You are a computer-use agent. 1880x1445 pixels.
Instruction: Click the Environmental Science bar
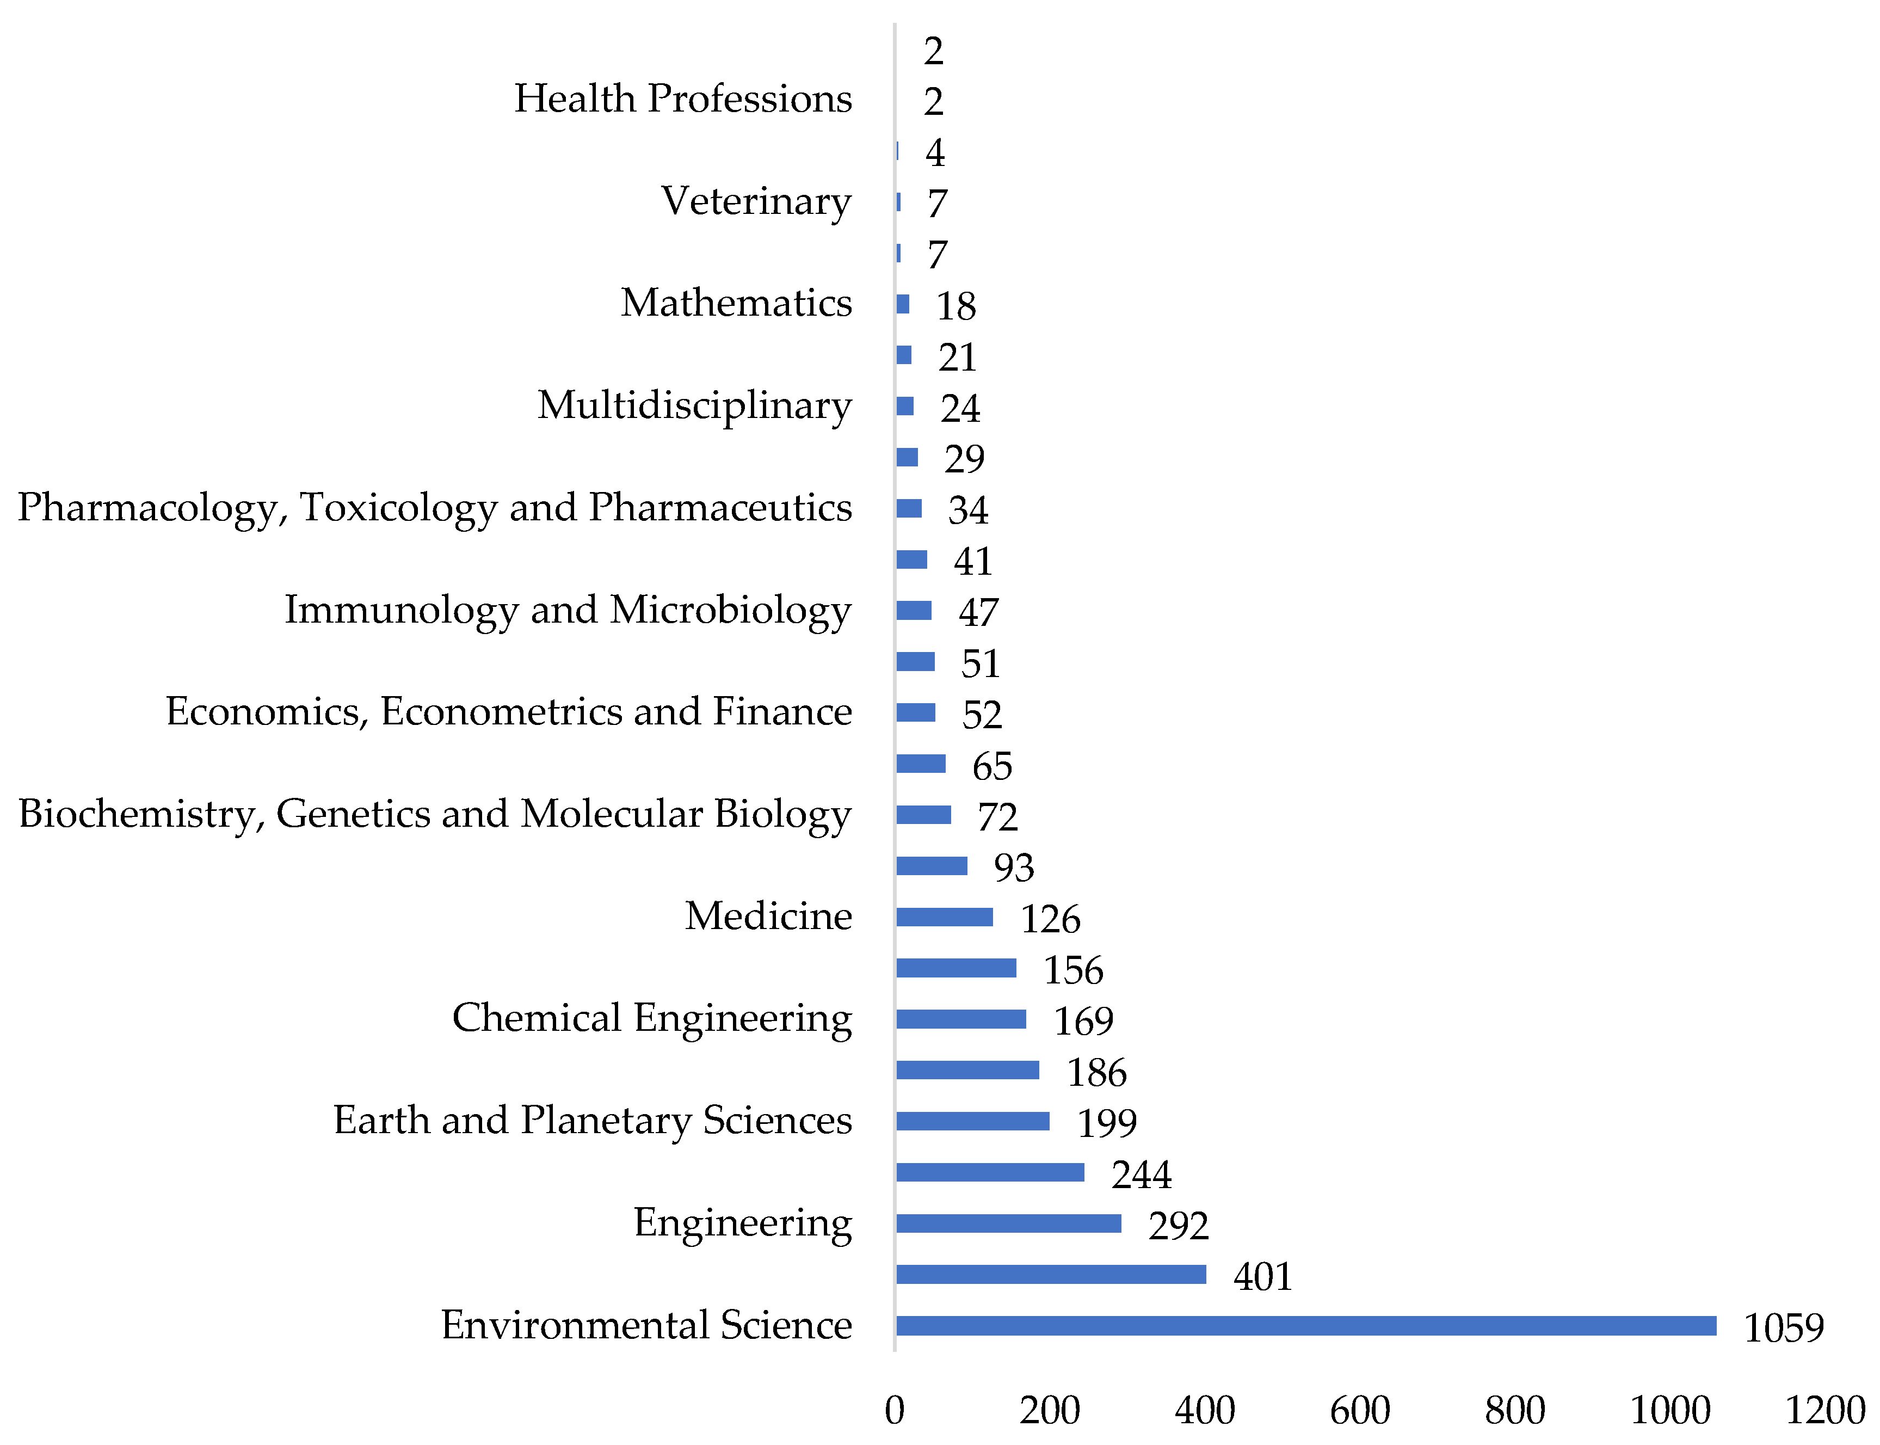click(x=1305, y=1325)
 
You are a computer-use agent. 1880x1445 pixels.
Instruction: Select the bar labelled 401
click(x=1050, y=1274)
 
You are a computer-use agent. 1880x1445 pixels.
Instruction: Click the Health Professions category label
click(x=683, y=98)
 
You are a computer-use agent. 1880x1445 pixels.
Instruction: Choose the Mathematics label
click(x=736, y=303)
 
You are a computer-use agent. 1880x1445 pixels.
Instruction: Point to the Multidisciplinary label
click(x=694, y=405)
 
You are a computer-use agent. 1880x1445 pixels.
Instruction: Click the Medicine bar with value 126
click(x=944, y=917)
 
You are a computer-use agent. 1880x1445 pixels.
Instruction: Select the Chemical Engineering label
click(x=652, y=1018)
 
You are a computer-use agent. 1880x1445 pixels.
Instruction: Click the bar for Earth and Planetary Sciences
click(x=973, y=1121)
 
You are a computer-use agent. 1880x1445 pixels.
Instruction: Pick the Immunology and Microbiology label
click(x=568, y=610)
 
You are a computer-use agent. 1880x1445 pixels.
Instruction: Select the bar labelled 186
click(x=967, y=1070)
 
